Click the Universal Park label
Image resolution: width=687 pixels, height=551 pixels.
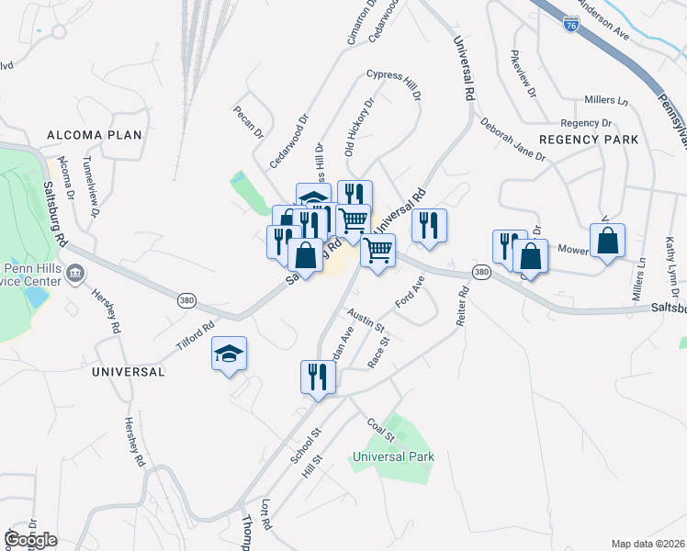tap(393, 455)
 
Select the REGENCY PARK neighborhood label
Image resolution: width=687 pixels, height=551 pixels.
tap(589, 140)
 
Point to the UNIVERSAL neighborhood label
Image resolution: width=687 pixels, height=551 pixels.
tap(129, 372)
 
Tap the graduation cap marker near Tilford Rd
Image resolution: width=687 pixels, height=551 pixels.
tap(229, 355)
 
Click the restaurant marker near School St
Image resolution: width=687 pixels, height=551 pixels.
tap(318, 377)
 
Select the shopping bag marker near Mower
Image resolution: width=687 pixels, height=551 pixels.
tap(607, 242)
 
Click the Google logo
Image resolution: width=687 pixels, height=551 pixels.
tap(31, 540)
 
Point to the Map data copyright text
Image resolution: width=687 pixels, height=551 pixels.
tap(648, 543)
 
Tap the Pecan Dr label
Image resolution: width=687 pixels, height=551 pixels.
tap(248, 115)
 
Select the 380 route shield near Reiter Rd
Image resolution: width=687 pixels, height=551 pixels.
tap(480, 272)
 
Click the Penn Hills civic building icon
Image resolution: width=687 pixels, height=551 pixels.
tap(75, 273)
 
